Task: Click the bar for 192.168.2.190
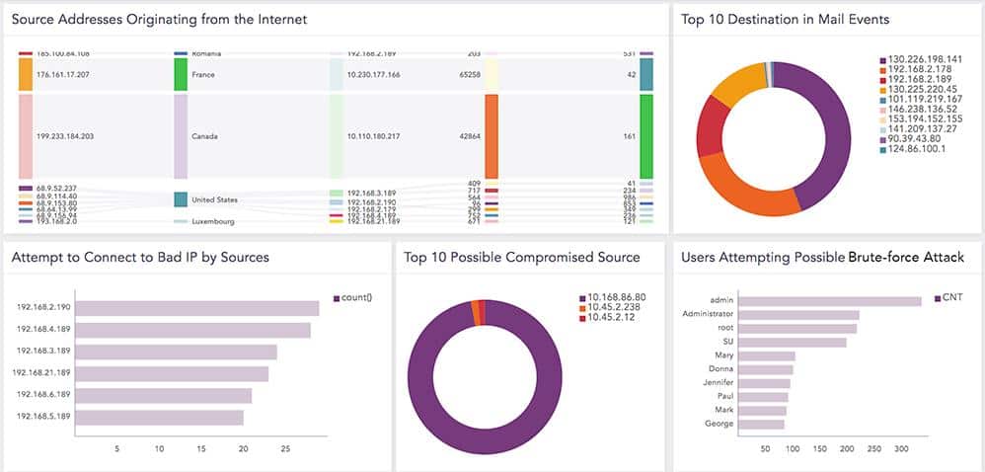(x=197, y=308)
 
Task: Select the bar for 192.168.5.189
(x=160, y=417)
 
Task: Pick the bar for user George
(x=761, y=424)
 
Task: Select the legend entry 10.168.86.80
(x=616, y=297)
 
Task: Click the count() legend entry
(x=354, y=297)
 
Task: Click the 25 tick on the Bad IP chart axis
(x=286, y=449)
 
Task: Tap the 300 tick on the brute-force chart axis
(x=901, y=449)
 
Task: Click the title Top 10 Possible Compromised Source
(x=521, y=258)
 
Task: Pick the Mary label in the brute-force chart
(x=723, y=355)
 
